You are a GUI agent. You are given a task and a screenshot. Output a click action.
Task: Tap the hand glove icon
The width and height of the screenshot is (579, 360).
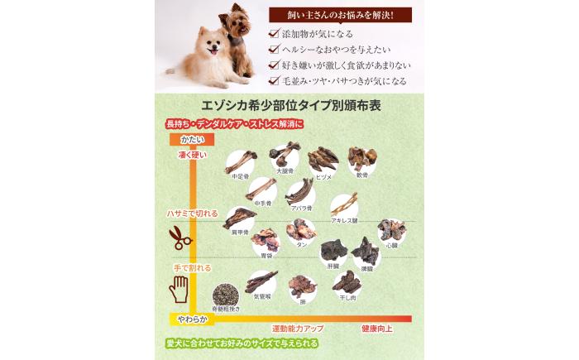pyautogui.click(x=179, y=288)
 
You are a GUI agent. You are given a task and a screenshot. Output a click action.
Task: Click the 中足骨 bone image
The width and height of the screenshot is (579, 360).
pyautogui.click(x=241, y=161)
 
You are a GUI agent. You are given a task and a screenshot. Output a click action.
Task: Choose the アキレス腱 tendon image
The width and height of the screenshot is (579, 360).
pyautogui.click(x=344, y=204)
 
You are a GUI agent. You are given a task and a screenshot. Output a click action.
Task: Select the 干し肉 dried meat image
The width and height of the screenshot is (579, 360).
pyautogui.click(x=347, y=283)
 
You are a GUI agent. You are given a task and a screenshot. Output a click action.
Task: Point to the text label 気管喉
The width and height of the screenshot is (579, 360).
pyautogui.click(x=262, y=296)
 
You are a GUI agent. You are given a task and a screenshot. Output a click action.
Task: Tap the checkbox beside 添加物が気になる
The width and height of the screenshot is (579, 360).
pyautogui.click(x=274, y=34)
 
